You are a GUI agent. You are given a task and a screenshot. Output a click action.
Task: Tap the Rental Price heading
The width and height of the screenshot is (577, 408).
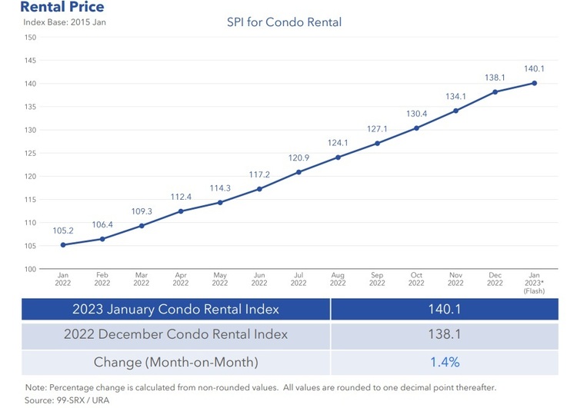point(52,7)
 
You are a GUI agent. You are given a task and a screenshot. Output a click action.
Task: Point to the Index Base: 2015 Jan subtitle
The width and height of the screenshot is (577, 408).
point(65,22)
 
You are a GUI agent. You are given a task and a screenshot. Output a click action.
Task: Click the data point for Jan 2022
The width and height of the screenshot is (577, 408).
point(62,245)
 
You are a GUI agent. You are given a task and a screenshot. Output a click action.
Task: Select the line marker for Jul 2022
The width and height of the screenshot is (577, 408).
point(299,172)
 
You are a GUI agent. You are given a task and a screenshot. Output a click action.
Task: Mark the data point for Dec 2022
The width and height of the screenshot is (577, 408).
point(495,92)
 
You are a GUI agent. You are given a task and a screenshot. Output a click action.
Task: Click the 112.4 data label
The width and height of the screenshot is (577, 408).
point(181,197)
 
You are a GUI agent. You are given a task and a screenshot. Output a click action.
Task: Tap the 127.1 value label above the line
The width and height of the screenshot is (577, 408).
point(377,128)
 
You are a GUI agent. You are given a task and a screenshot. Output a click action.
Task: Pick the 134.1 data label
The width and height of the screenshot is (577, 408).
point(455,96)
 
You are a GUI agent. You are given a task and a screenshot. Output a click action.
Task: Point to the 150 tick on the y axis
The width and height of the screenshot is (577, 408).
point(30,37)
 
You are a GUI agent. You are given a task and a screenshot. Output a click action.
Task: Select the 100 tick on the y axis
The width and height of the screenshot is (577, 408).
point(30,269)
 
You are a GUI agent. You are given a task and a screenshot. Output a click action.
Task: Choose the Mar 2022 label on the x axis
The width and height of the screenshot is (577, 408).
point(141,278)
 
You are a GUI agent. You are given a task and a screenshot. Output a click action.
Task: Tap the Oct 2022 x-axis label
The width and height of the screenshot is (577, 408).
point(416,278)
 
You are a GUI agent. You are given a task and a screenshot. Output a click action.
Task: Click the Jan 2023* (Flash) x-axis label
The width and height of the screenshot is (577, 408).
point(534,282)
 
